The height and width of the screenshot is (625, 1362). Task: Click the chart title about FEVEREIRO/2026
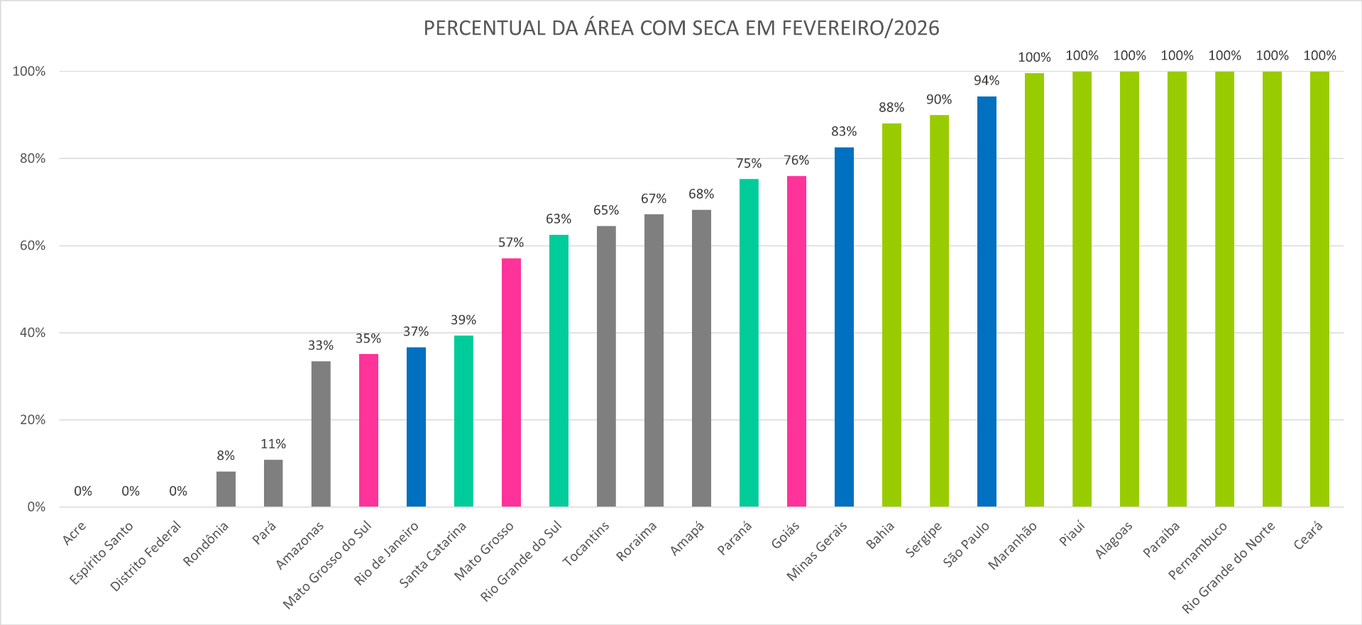pos(681,28)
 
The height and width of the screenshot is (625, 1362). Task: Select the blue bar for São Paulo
pos(987,302)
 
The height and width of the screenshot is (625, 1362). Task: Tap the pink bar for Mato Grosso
pos(511,382)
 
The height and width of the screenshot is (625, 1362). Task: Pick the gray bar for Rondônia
pos(226,489)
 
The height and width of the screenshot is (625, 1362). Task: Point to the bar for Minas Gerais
pos(844,327)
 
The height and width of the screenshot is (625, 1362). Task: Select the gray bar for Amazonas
pos(321,433)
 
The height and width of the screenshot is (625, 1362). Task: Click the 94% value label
pos(987,81)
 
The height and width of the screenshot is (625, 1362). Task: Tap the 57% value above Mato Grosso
pos(511,243)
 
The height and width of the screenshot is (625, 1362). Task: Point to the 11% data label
pos(273,444)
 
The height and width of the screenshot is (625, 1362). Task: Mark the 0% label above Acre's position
pos(83,491)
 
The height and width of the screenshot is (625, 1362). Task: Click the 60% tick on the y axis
pos(33,245)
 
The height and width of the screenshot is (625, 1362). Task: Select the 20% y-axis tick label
pos(33,420)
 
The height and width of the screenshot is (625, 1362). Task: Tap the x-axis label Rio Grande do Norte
pos(1229,568)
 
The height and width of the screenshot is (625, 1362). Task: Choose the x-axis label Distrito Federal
pos(146,556)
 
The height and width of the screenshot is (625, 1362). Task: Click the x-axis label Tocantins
pos(586,544)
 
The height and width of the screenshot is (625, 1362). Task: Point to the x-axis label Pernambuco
pos(1197,551)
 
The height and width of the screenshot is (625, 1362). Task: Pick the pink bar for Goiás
pos(796,341)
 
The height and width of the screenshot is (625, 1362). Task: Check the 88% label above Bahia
pos(891,108)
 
